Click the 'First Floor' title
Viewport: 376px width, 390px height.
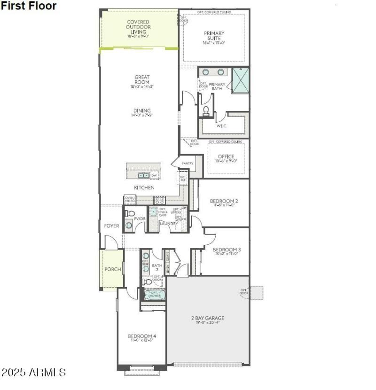pos(28,6)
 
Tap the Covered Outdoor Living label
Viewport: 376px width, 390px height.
pos(138,27)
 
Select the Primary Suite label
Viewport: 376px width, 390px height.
pos(214,36)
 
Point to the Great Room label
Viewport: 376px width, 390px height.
pos(141,80)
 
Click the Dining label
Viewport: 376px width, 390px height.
pos(141,111)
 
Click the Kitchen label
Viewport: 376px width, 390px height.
pos(144,187)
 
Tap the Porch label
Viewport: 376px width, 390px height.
pos(113,269)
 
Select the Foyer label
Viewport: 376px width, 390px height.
pos(111,226)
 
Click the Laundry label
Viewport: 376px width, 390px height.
pos(168,224)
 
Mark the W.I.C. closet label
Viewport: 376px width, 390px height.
pos(222,126)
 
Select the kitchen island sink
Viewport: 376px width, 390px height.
pos(143,175)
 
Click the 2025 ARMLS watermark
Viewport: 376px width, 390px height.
pos(33,373)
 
